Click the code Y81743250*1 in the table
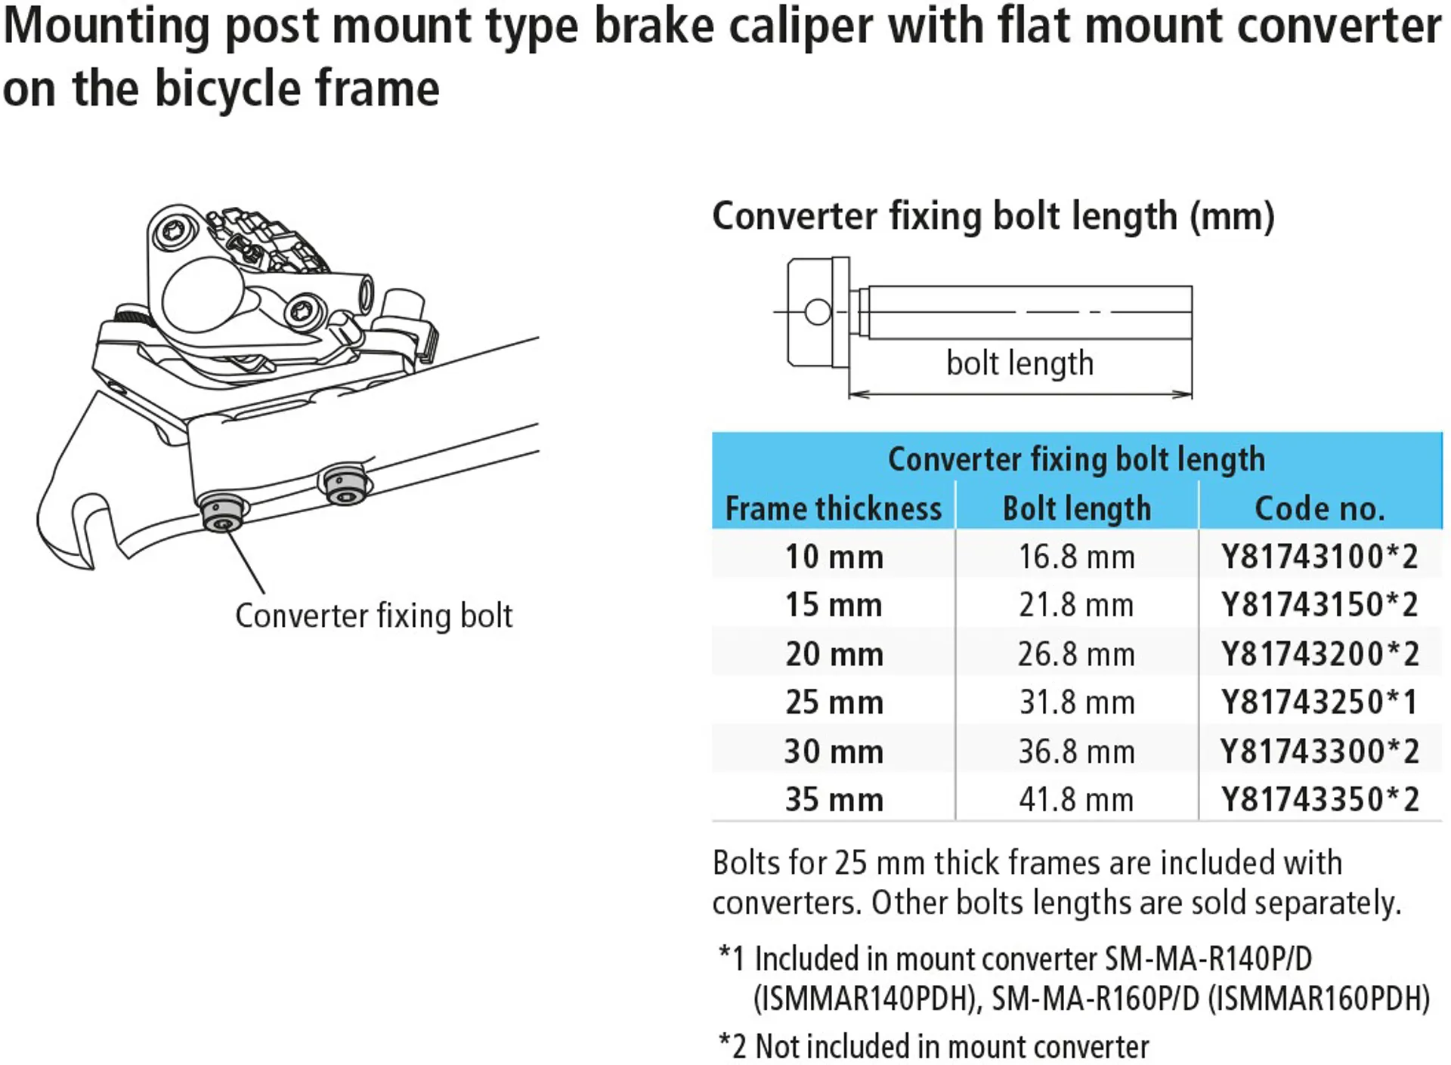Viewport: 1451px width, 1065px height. pos(1319,702)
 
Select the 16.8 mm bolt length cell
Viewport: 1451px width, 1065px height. pos(1076,557)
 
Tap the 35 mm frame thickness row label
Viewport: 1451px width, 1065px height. pos(834,800)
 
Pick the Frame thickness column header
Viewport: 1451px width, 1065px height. pos(834,508)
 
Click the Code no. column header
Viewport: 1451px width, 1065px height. pos(1320,508)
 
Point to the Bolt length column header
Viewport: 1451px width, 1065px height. pos(1076,508)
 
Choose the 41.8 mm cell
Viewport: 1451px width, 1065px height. pos(1076,800)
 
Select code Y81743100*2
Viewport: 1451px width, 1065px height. pos(1319,557)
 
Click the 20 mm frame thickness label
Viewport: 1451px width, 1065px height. pos(834,654)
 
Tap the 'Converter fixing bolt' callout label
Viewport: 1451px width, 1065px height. pos(373,616)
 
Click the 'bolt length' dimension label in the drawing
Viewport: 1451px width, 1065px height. pos(1019,363)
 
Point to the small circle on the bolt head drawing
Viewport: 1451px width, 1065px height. pos(818,312)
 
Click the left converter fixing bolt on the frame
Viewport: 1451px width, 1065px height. pos(221,515)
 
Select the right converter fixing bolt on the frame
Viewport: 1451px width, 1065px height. pos(345,487)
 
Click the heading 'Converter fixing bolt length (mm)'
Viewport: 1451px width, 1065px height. pos(993,217)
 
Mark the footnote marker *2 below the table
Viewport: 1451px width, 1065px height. pos(732,1047)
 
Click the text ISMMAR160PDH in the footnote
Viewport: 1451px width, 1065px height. pos(1319,999)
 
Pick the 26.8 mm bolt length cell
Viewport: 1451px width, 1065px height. pos(1076,654)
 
